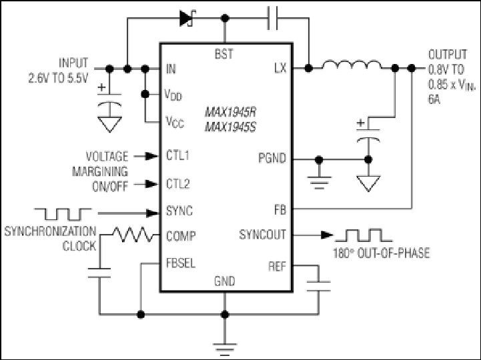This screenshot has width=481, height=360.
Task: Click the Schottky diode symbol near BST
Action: pos(187,18)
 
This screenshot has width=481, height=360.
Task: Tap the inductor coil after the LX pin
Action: pos(352,65)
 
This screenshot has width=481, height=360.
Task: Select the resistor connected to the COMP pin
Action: pos(133,235)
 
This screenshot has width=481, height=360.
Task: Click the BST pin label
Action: pos(224,54)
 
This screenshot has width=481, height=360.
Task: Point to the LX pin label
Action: pos(280,68)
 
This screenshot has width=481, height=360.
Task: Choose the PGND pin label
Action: pos(272,158)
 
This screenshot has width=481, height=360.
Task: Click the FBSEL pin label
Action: pos(181,263)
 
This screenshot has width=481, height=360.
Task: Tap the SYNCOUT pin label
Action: pos(262,235)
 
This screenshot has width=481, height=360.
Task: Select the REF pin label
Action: pos(277,266)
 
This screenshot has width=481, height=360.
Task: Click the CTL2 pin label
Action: pos(178,184)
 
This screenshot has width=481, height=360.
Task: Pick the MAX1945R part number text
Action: pos(230,112)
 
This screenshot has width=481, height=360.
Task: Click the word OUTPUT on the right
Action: pos(448,55)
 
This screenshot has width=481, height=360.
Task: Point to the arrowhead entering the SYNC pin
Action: pos(153,213)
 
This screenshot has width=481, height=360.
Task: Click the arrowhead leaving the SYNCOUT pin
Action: pos(327,235)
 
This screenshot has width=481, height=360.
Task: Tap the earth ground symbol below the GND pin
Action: pos(225,348)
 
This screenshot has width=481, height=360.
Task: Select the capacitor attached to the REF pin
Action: pos(319,286)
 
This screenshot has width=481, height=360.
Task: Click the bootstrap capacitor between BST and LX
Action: pos(272,18)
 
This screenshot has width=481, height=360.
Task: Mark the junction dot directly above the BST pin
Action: pos(225,18)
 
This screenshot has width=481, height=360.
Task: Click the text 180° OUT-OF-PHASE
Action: pos(382,253)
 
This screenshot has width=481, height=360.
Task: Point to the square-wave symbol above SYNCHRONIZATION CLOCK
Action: pos(63,215)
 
